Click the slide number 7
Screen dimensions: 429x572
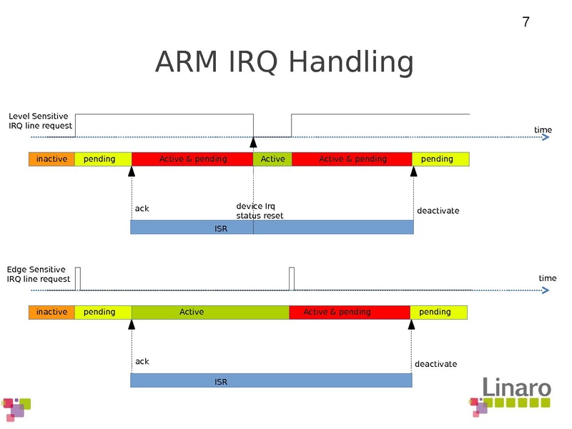pos(526,22)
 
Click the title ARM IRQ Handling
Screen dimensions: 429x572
pos(284,62)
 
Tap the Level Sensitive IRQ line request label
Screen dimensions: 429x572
pos(40,121)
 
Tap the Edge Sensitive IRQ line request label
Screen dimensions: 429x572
pos(39,274)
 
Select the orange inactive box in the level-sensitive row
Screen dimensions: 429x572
pos(51,159)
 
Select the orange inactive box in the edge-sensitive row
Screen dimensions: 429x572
pos(51,312)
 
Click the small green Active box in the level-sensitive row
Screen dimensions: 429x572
pos(272,159)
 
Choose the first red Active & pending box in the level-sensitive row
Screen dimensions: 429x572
pos(192,159)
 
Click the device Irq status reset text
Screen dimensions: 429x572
pos(260,211)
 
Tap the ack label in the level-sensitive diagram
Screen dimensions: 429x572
pos(142,209)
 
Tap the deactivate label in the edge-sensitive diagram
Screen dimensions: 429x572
pos(435,364)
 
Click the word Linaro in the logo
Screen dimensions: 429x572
pos(516,387)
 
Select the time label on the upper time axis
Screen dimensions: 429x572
pos(543,129)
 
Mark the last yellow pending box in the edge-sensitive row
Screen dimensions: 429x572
pos(438,312)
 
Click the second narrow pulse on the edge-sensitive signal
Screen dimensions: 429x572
pos(292,278)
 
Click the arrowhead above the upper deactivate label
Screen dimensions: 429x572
pos(413,171)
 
